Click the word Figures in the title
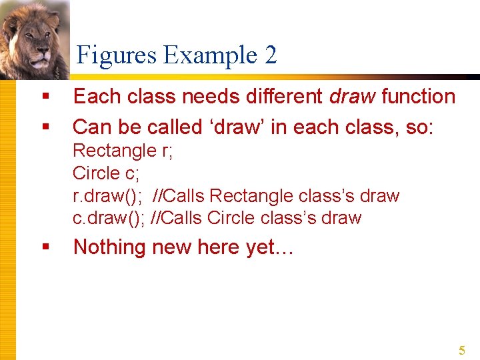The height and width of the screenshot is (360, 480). (117, 55)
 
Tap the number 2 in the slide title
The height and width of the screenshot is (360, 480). (270, 55)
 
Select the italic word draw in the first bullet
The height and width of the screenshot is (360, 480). (353, 97)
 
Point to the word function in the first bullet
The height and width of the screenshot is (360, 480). (418, 97)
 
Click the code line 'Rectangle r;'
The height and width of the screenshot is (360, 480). (123, 151)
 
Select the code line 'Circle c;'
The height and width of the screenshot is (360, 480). (105, 173)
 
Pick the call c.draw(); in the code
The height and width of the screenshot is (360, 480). (108, 218)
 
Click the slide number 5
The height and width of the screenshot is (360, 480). (461, 351)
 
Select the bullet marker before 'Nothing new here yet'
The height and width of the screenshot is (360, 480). (45, 247)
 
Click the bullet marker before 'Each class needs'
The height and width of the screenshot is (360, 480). (45, 97)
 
